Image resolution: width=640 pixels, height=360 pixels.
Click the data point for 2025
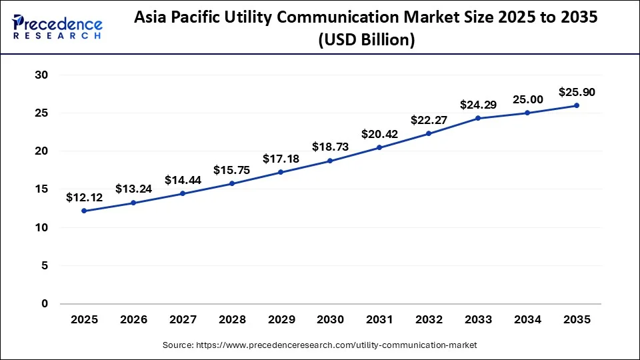84,211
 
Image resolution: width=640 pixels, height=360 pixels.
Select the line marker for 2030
330,161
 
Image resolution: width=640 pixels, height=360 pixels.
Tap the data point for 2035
577,105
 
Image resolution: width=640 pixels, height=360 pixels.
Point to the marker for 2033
478,118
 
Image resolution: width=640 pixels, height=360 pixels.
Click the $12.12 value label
84,197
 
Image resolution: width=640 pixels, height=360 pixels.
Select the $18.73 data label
330,147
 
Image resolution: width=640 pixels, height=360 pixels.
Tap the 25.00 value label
527,99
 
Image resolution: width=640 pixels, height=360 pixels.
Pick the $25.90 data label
577,92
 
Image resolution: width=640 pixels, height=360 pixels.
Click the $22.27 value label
429,120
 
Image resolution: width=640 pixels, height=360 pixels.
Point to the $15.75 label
231,170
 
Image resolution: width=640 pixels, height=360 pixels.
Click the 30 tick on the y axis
41,75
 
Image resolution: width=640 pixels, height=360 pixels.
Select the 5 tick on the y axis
45,265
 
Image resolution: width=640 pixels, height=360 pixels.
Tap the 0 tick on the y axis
45,304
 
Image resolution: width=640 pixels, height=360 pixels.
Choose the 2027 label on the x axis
183,320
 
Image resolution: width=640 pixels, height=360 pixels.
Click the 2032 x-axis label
429,320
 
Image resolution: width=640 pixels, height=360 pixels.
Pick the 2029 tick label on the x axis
281,320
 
